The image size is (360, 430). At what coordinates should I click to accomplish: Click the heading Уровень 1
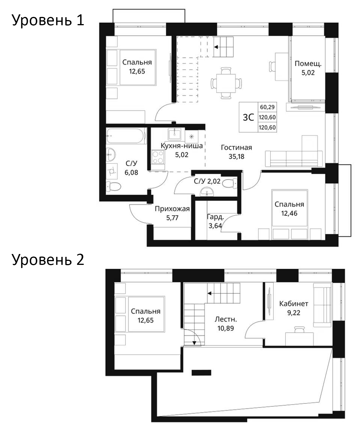[x=48, y=21]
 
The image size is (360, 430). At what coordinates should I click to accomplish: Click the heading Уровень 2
[x=48, y=260]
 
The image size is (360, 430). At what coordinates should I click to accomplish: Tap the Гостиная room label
[x=236, y=148]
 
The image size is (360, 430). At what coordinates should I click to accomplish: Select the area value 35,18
[x=236, y=157]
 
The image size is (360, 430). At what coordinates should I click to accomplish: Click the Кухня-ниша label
[x=182, y=146]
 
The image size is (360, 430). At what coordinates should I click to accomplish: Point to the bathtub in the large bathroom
[x=126, y=136]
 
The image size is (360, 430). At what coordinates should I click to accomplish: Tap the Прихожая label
[x=172, y=209]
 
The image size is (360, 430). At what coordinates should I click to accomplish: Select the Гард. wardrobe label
[x=215, y=217]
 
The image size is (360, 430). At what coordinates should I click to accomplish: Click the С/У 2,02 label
[x=207, y=181]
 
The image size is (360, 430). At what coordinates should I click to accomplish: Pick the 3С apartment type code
[x=248, y=117]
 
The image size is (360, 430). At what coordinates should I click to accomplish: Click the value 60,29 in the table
[x=267, y=107]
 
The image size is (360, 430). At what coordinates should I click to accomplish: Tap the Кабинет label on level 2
[x=294, y=304]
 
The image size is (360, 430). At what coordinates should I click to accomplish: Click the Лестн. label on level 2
[x=226, y=319]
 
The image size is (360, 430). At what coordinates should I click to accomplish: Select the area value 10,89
[x=226, y=328]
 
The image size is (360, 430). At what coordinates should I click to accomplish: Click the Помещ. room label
[x=308, y=64]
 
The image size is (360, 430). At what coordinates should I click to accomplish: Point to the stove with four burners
[x=158, y=157]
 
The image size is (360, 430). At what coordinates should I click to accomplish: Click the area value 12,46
[x=289, y=213]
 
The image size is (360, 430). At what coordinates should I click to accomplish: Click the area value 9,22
[x=294, y=312]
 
